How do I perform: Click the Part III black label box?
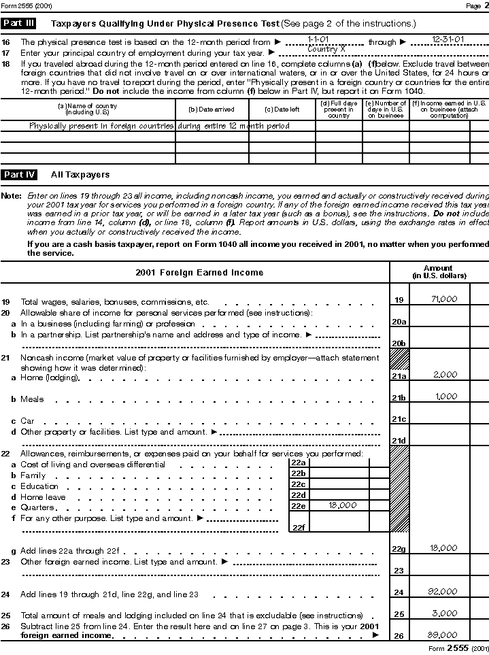18,23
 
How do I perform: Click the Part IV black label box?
18,175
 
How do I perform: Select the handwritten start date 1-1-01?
318,40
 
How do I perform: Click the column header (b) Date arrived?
212,110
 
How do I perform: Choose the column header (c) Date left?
282,110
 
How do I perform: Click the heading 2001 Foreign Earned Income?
199,273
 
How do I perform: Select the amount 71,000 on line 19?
444,299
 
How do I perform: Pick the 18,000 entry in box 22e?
342,505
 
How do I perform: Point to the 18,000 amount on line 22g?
444,548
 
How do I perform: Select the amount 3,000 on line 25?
445,614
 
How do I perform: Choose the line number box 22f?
298,527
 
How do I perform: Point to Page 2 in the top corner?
473,5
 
